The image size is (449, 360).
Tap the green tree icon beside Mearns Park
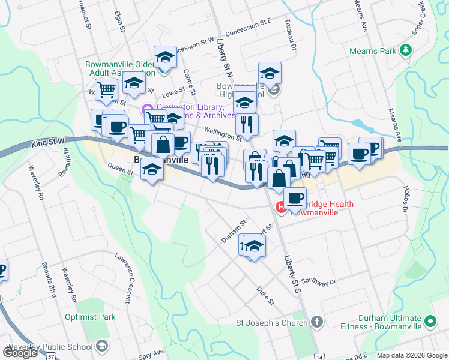coord(406,50)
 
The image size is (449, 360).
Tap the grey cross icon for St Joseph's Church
coord(317,323)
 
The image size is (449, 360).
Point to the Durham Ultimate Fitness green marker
coord(430,322)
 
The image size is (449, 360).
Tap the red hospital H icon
coord(280,208)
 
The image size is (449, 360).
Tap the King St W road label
coord(47,143)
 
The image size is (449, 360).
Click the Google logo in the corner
coord(20,353)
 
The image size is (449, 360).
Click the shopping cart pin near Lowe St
coord(106,89)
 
